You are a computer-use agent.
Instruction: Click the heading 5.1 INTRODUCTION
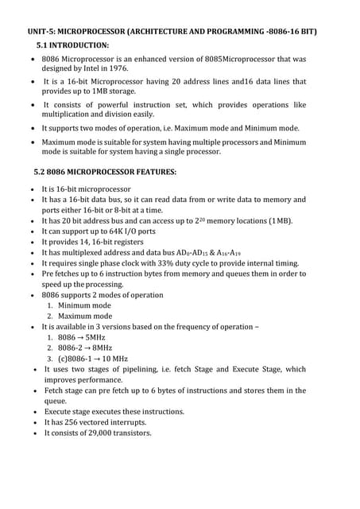[72, 45]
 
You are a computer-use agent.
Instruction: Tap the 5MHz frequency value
[98, 337]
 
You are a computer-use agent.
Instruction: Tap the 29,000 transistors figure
[101, 433]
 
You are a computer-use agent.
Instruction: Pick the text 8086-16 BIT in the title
[290, 31]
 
